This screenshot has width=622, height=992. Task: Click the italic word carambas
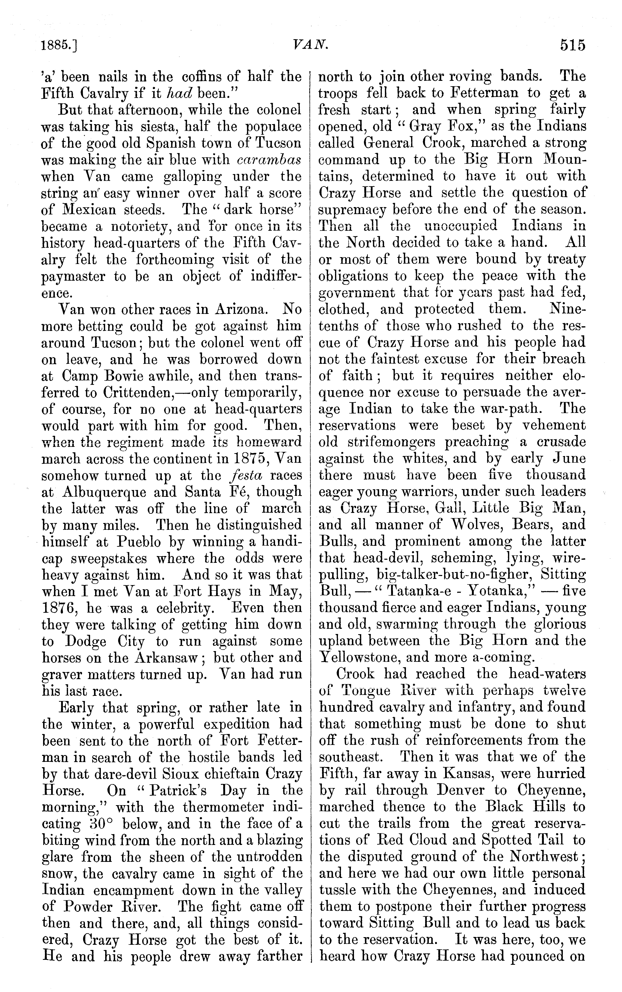269,160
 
